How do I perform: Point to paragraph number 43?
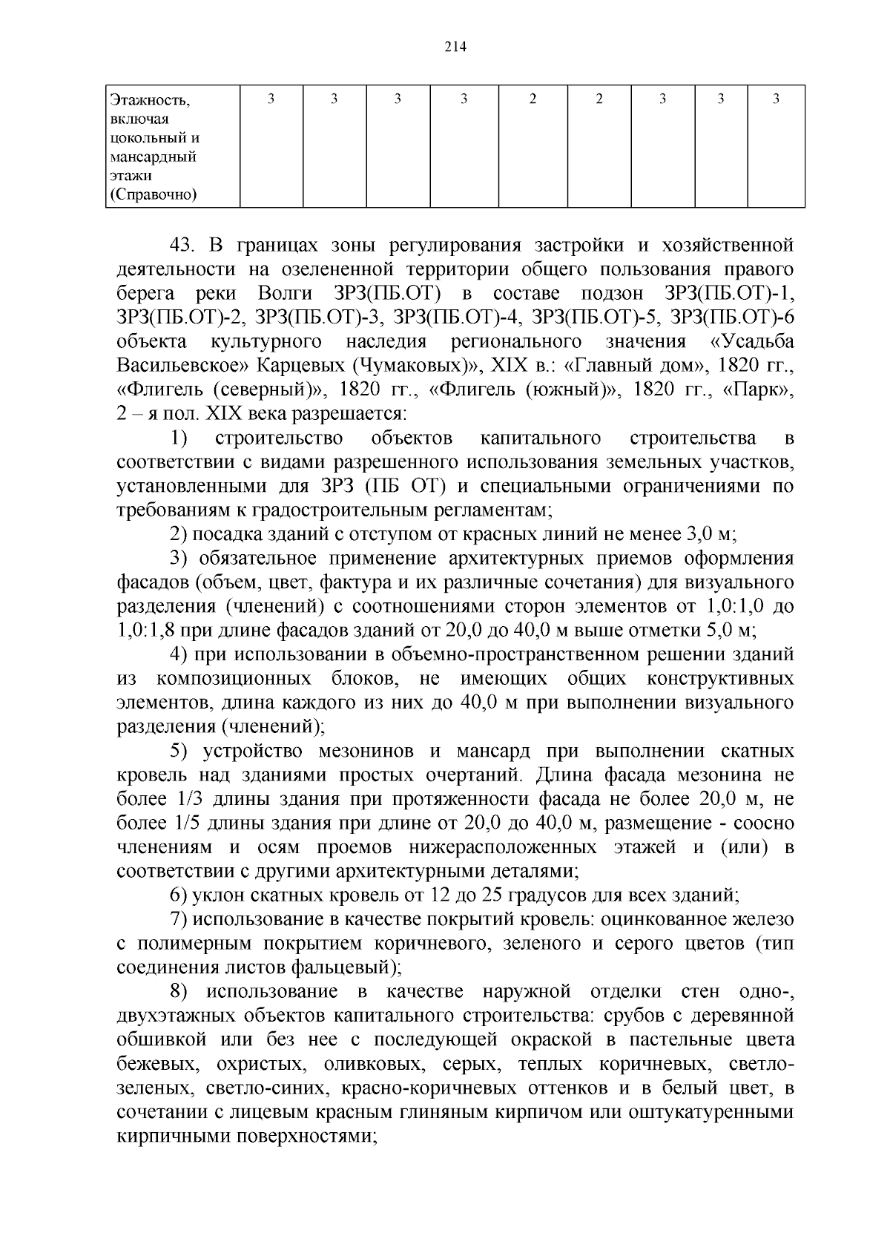point(184,245)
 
